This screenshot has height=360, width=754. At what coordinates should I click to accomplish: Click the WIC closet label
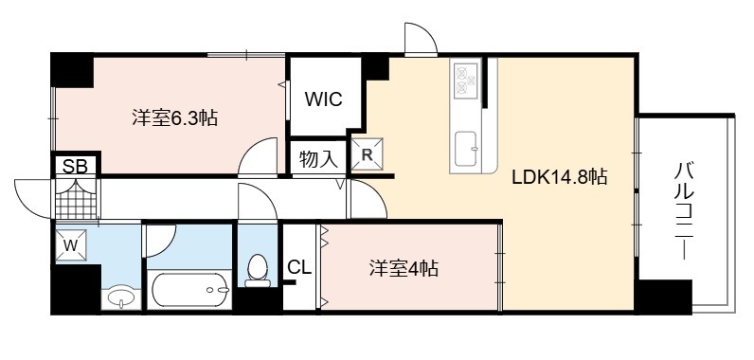[323, 99]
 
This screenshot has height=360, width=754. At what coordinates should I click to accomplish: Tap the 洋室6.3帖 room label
[175, 117]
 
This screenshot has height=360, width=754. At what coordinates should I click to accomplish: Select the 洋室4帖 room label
[404, 268]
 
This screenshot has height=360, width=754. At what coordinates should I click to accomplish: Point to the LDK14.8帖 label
[559, 177]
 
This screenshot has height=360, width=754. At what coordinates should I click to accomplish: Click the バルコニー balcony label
[684, 211]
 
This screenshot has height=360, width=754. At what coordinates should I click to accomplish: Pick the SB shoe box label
[76, 167]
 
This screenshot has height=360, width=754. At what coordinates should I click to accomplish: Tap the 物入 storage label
[318, 159]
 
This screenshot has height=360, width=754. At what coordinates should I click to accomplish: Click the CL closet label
[299, 268]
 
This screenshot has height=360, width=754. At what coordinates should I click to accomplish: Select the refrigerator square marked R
[368, 154]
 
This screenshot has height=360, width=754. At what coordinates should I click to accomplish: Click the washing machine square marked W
[71, 245]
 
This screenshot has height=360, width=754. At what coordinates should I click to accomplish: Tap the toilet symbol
[258, 270]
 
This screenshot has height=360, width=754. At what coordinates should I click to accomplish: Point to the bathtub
[189, 289]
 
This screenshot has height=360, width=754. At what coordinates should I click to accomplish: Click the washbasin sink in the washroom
[121, 299]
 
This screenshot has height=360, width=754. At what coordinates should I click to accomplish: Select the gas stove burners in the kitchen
[466, 81]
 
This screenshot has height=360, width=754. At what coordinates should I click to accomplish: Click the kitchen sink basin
[466, 148]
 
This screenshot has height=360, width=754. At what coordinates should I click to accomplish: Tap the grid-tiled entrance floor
[76, 199]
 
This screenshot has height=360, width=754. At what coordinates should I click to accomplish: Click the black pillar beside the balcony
[664, 297]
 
